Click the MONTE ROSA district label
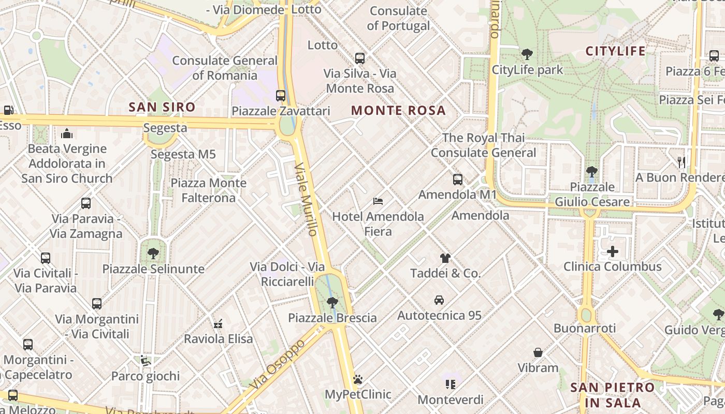pyautogui.click(x=398, y=110)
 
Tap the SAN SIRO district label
pyautogui.click(x=162, y=107)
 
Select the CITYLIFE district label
pyautogui.click(x=615, y=51)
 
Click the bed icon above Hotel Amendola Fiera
pyautogui.click(x=378, y=201)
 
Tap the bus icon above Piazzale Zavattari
pyautogui.click(x=281, y=96)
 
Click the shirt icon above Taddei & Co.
pyautogui.click(x=445, y=258)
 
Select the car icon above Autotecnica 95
pyautogui.click(x=439, y=300)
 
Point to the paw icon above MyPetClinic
pyautogui.click(x=358, y=380)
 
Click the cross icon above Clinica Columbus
pyautogui.click(x=613, y=252)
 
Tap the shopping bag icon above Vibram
pyautogui.click(x=538, y=353)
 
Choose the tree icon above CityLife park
pyautogui.click(x=527, y=54)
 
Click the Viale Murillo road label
pyautogui.click(x=306, y=199)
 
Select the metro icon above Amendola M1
pyautogui.click(x=458, y=180)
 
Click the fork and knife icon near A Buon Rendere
pyautogui.click(x=682, y=162)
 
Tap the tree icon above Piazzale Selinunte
pyautogui.click(x=153, y=254)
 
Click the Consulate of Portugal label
pyautogui.click(x=398, y=18)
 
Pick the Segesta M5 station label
pyautogui.click(x=183, y=154)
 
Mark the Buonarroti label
pyautogui.click(x=585, y=328)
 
